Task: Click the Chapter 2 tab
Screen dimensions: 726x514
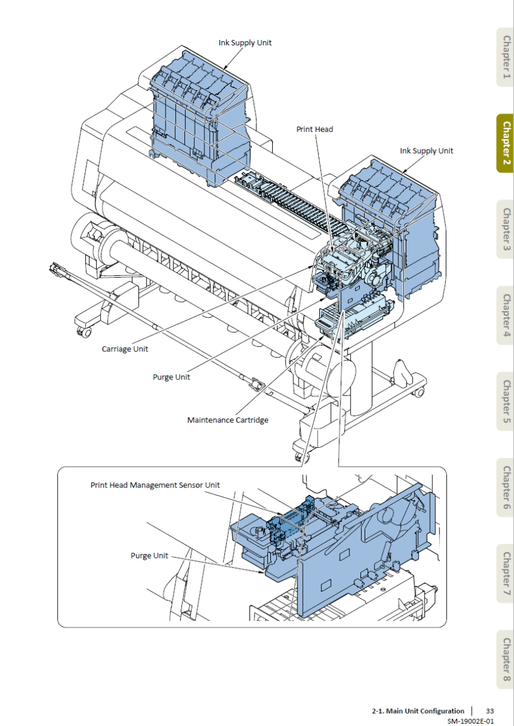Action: click(505, 143)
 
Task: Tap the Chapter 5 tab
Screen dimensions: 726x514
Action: click(505, 401)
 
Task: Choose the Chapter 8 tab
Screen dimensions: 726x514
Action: click(505, 659)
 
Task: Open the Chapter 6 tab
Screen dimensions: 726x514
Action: click(505, 487)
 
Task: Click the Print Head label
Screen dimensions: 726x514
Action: click(314, 129)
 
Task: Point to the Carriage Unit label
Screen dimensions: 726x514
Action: click(125, 349)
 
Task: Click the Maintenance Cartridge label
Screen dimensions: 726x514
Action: click(227, 420)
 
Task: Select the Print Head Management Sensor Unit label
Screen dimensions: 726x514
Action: click(155, 485)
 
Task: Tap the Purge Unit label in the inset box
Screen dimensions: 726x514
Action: click(149, 555)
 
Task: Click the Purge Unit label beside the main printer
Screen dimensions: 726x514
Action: click(171, 377)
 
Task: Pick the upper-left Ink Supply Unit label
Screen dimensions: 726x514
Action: click(245, 43)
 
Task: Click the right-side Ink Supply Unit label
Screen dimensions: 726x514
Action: click(426, 151)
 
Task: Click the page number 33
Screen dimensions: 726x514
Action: click(490, 711)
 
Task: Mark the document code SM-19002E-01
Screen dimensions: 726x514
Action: click(470, 721)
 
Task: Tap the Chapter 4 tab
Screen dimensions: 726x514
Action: click(505, 315)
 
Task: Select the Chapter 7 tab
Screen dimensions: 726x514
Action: click(505, 573)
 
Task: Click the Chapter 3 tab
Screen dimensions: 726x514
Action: click(505, 229)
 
